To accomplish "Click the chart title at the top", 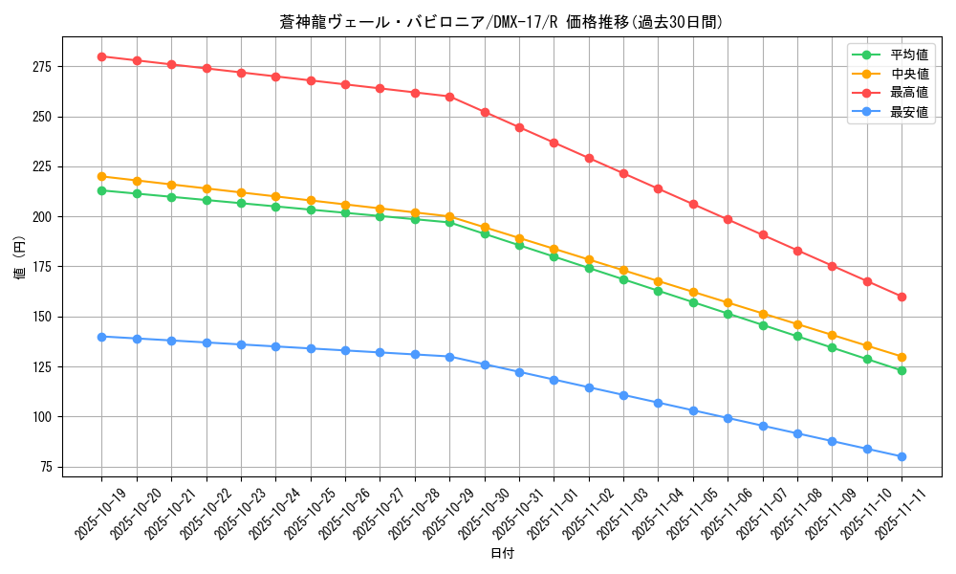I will tap(501, 22).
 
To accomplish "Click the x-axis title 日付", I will tap(502, 554).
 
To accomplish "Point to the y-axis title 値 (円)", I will tap(20, 257).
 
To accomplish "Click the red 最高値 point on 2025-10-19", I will tap(101, 56).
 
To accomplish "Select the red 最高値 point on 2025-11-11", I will tap(902, 297).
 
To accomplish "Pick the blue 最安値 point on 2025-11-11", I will tap(902, 456).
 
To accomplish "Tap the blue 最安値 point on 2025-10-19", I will tap(101, 337).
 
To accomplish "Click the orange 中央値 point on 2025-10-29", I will tap(449, 216).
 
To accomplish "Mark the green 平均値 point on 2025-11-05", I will tap(693, 302).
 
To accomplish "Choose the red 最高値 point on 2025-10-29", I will tap(449, 97).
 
